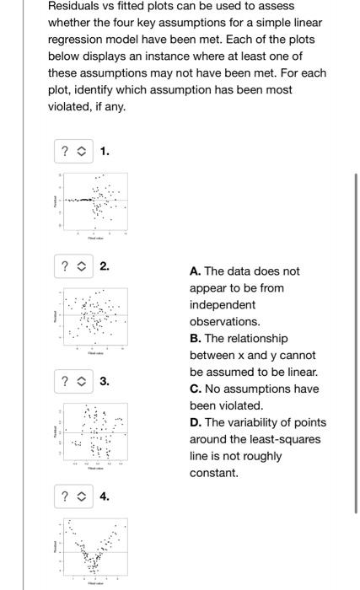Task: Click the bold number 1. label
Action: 105,152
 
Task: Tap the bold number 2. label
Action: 105,266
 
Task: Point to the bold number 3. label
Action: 105,382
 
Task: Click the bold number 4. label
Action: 105,496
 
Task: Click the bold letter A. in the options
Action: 196,271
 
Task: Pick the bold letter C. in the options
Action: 196,389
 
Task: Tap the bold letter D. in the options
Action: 196,422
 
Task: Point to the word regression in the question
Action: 76,40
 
